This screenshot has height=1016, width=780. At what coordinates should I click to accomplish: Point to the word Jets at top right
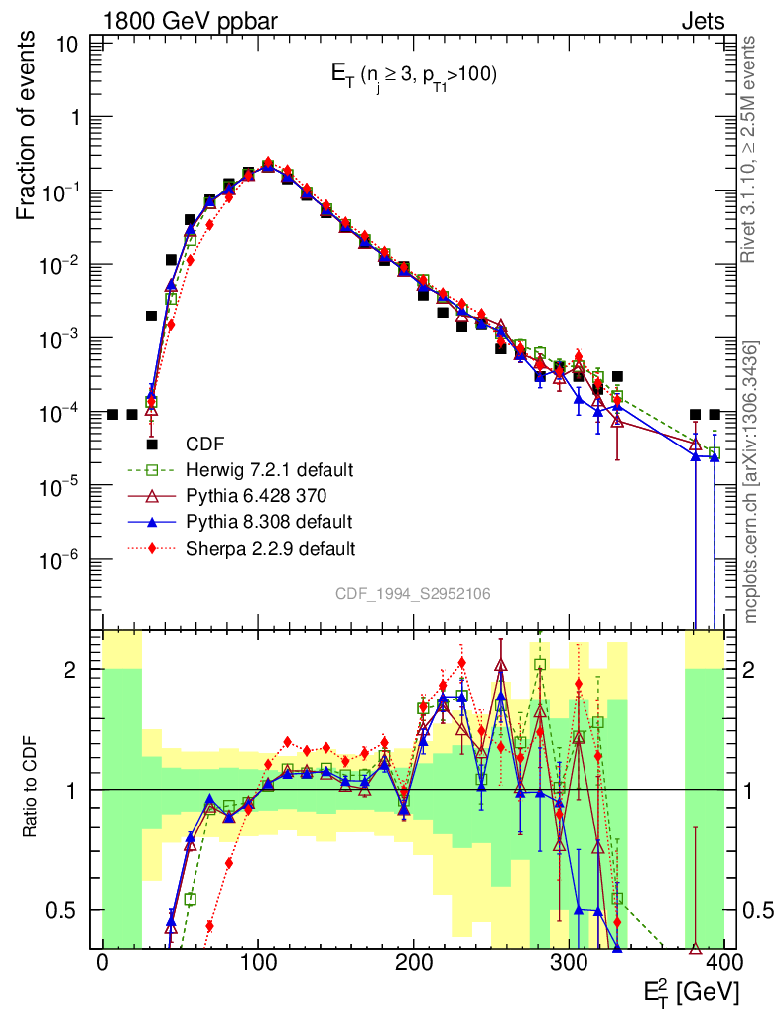pyautogui.click(x=703, y=20)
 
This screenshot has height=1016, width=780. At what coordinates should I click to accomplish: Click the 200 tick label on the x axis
pyautogui.click(x=413, y=962)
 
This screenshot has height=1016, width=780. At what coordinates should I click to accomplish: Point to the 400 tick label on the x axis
pyautogui.click(x=723, y=962)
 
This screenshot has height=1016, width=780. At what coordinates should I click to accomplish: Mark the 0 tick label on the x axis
pyautogui.click(x=102, y=962)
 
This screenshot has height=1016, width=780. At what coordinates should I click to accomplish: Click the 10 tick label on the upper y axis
pyautogui.click(x=68, y=45)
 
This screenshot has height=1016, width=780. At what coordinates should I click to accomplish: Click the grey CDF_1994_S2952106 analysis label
pyautogui.click(x=413, y=593)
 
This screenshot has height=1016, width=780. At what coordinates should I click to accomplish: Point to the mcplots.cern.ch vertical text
pyautogui.click(x=752, y=481)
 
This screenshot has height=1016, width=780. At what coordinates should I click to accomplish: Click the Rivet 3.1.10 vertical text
pyautogui.click(x=752, y=149)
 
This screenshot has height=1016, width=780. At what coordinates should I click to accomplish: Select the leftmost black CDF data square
pyautogui.click(x=112, y=414)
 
